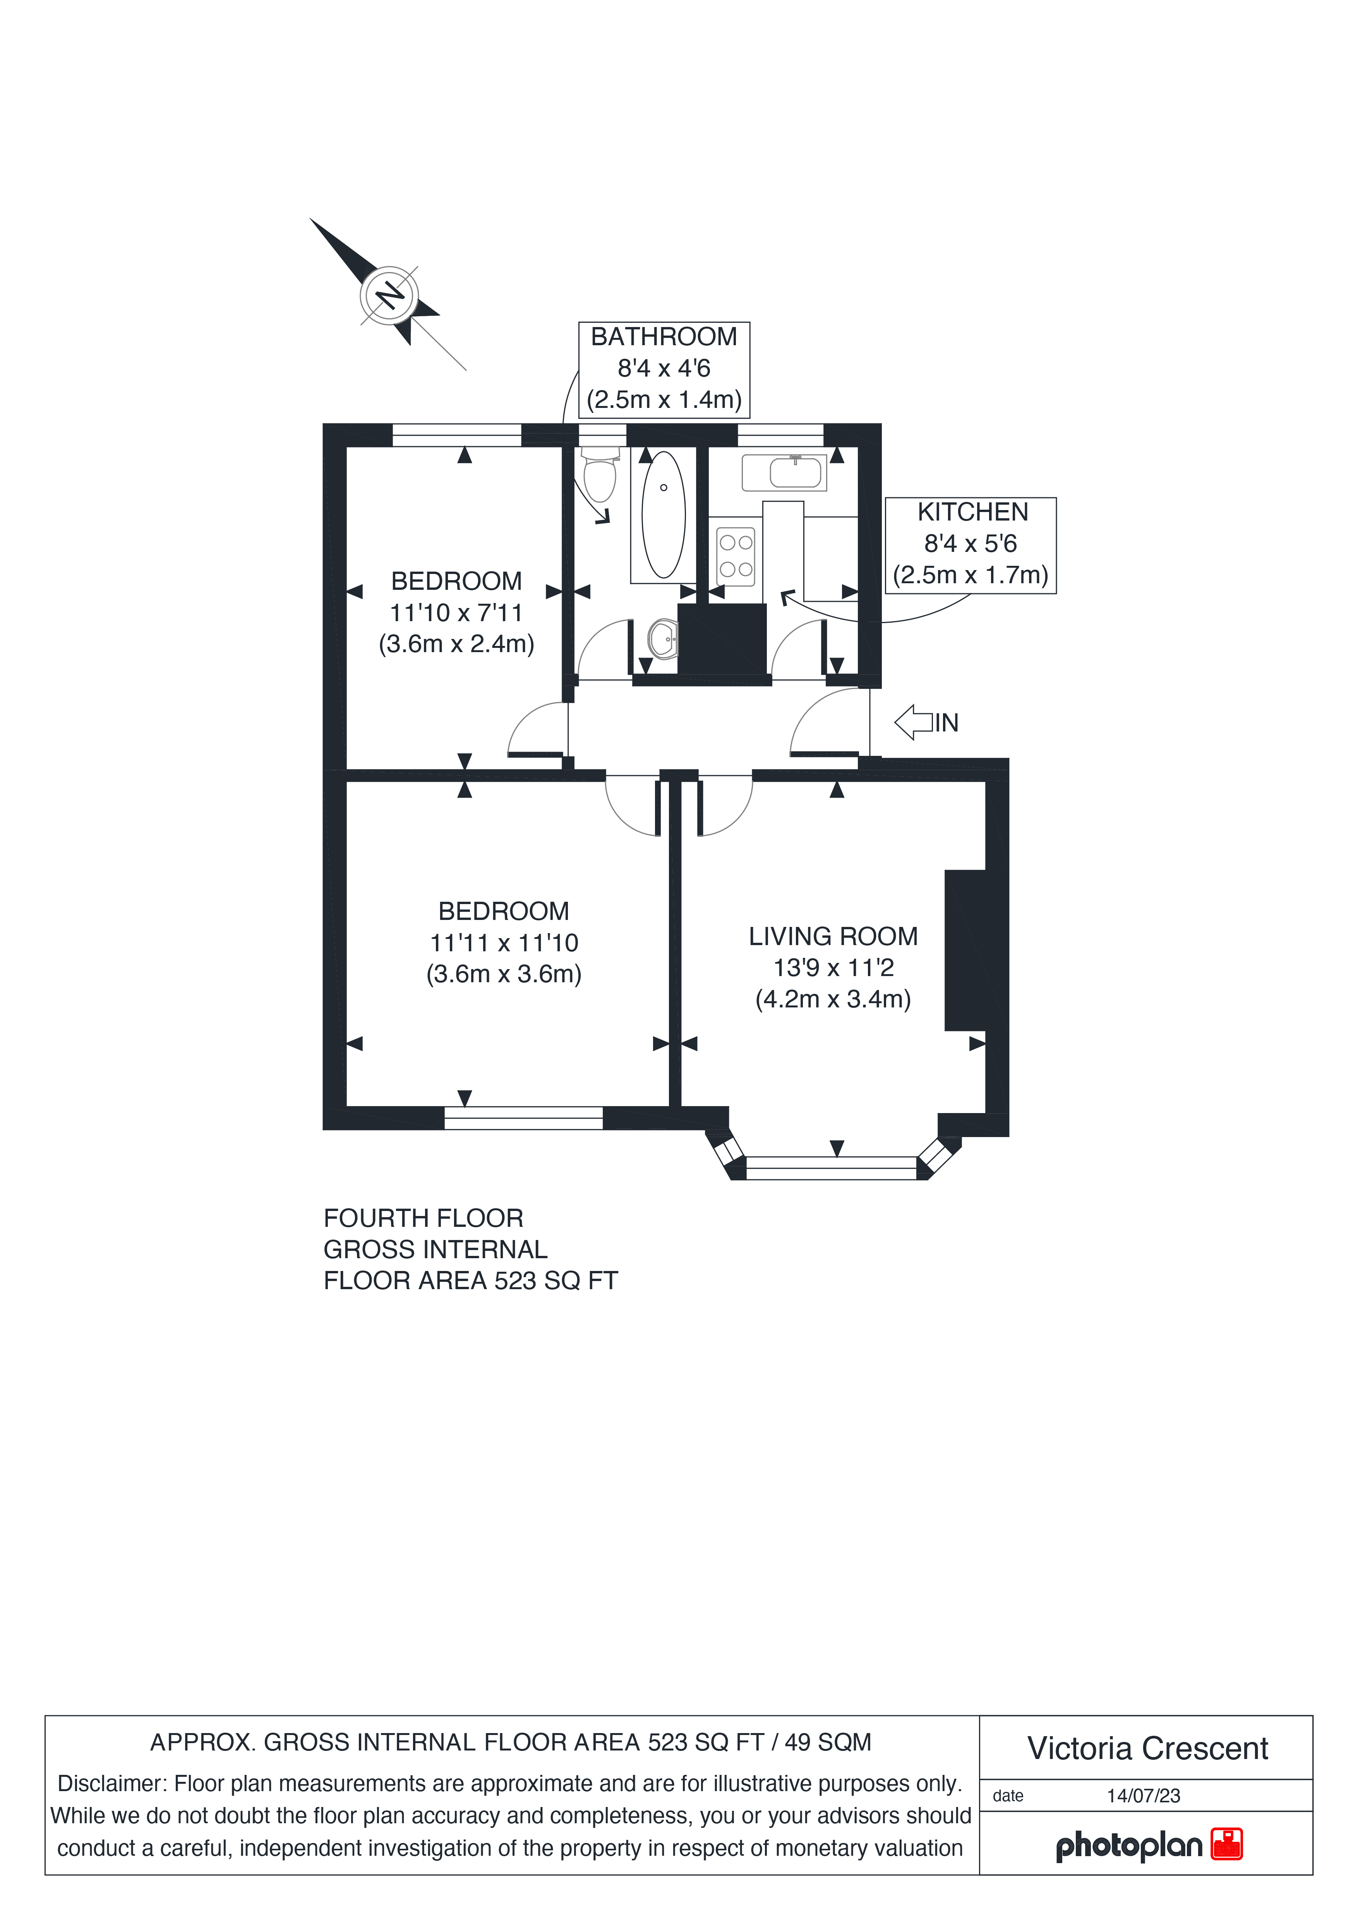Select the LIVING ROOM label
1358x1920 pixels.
point(833,937)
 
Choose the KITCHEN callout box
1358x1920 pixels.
point(971,545)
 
